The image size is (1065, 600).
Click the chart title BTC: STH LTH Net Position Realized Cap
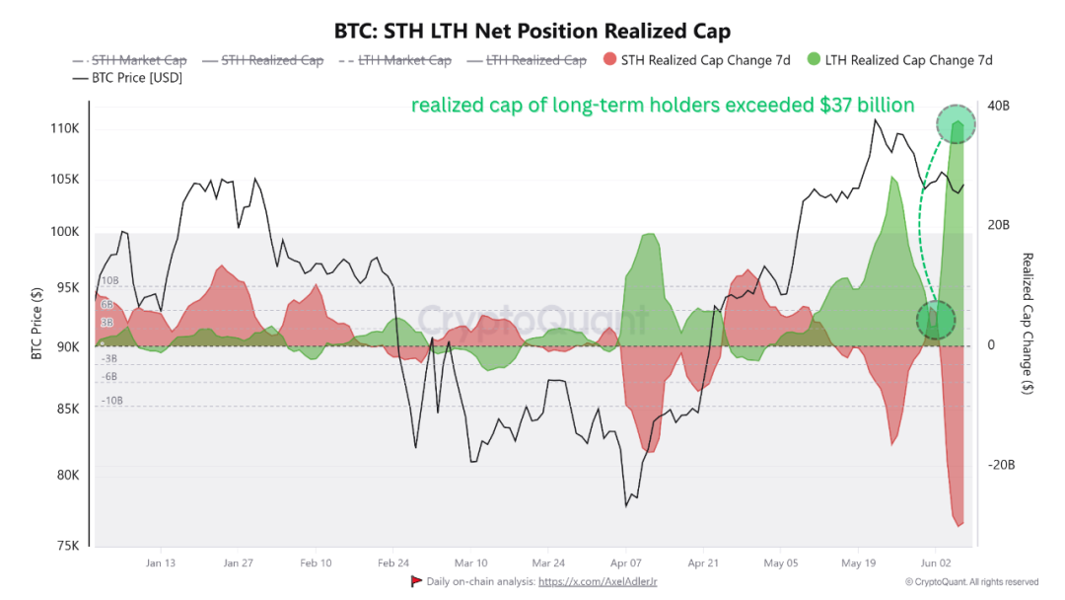[532, 32]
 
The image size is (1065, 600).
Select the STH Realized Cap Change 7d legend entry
[697, 60]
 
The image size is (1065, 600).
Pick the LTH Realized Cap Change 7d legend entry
[900, 60]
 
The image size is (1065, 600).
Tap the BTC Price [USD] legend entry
[127, 77]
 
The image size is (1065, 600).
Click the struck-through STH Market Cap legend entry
[129, 60]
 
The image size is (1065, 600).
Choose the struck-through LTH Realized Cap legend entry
[527, 60]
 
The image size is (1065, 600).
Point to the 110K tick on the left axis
[64, 128]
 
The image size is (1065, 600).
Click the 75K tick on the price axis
[68, 546]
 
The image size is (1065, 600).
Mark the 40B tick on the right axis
[998, 106]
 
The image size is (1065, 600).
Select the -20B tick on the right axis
[1001, 465]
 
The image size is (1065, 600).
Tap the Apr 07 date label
[625, 562]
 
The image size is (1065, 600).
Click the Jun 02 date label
[936, 562]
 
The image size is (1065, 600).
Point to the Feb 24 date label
[393, 562]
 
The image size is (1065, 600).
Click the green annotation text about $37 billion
[663, 106]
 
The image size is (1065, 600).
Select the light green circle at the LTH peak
[956, 124]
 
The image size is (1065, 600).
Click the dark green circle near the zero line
[936, 320]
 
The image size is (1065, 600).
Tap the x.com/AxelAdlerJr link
[598, 581]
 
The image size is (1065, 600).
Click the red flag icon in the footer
[416, 581]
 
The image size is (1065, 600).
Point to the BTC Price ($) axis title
[36, 323]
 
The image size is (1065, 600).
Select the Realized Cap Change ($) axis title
[1028, 324]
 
